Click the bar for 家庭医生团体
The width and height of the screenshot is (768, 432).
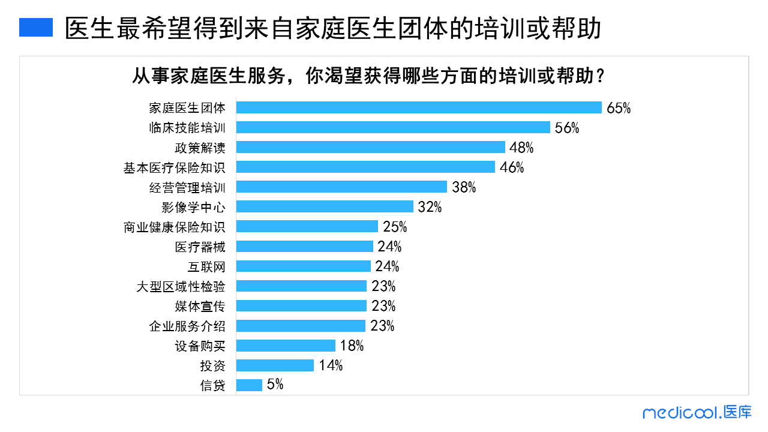point(419,107)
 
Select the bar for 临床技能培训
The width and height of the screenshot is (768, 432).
point(393,127)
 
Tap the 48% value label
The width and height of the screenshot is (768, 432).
point(522,148)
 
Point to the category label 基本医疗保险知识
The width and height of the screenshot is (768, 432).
point(175,167)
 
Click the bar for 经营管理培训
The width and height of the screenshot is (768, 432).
point(341,187)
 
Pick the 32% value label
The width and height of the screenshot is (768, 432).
point(430,207)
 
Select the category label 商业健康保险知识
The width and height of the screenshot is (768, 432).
point(175,227)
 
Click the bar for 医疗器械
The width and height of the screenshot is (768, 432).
point(305,247)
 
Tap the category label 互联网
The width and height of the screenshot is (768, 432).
point(206,266)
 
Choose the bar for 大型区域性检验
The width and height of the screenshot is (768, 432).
point(301,286)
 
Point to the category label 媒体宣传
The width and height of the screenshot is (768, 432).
point(200,306)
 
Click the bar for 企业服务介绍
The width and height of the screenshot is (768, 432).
point(301,326)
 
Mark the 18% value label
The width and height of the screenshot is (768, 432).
point(352,346)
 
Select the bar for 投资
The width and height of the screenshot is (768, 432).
point(275,365)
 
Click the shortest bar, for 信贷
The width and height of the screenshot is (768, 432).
point(249,385)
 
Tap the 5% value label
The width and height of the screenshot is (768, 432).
point(275,385)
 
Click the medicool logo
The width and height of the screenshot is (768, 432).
point(697,412)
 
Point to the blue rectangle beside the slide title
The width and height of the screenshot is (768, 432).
point(36,27)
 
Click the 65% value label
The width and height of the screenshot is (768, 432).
point(619,108)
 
